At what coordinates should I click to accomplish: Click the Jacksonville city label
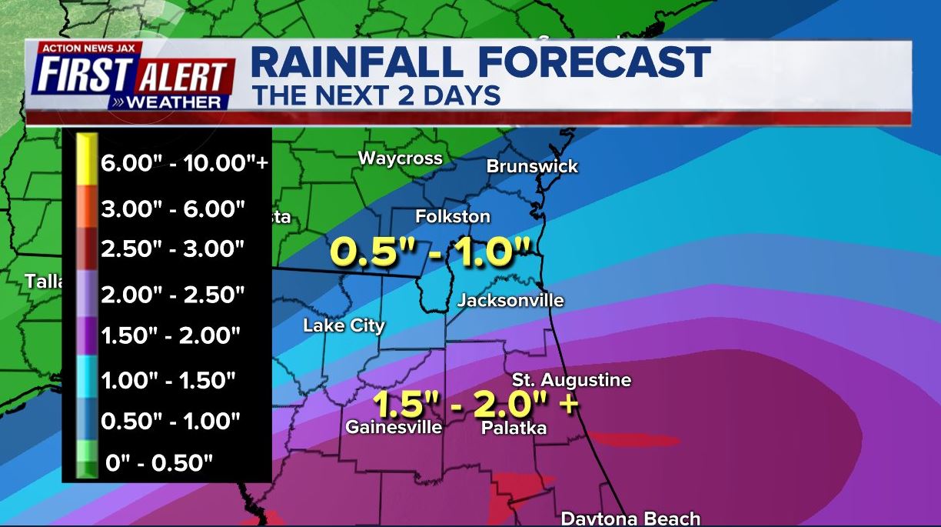click(510, 301)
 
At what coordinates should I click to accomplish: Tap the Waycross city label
click(400, 158)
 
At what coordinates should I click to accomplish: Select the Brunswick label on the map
click(532, 166)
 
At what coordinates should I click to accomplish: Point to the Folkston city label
click(453, 217)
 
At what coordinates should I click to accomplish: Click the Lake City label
click(344, 325)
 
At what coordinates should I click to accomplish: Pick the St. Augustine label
click(572, 380)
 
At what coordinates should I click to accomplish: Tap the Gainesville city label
click(394, 427)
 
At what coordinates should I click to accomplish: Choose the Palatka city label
click(514, 428)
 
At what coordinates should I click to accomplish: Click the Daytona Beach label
click(630, 518)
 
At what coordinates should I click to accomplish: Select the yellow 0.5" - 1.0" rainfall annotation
click(431, 252)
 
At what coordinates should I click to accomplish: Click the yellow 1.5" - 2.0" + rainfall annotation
click(475, 405)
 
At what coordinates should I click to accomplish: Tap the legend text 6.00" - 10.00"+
click(184, 164)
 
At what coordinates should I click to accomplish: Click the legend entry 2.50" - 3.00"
click(172, 249)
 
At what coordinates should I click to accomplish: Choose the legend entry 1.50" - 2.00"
click(171, 335)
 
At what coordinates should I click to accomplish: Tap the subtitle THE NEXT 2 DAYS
click(377, 96)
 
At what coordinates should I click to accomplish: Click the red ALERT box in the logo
click(185, 77)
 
